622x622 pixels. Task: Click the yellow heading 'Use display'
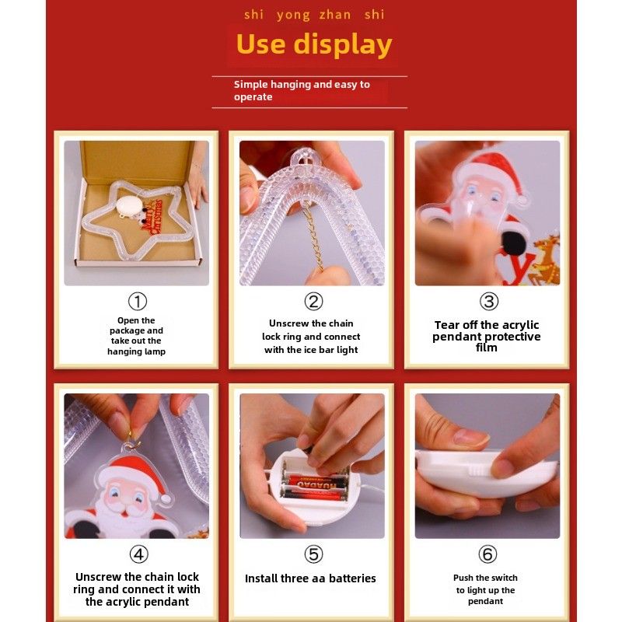coord(314,44)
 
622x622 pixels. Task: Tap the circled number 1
coord(138,302)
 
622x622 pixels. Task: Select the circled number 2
coord(313,302)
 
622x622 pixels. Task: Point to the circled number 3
coord(489,302)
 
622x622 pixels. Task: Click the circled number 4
coord(138,554)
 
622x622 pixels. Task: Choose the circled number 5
coord(313,554)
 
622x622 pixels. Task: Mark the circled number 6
coord(487,554)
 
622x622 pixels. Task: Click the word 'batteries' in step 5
coord(352,578)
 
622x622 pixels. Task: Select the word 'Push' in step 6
coord(463,578)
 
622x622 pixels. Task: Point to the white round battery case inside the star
coord(130,205)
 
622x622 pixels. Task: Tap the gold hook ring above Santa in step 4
coord(133,441)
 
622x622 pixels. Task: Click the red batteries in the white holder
coord(313,487)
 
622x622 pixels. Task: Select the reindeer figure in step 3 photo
coord(546,259)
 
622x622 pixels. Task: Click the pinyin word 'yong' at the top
coord(293,16)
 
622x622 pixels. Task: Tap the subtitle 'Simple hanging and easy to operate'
coord(302,90)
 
